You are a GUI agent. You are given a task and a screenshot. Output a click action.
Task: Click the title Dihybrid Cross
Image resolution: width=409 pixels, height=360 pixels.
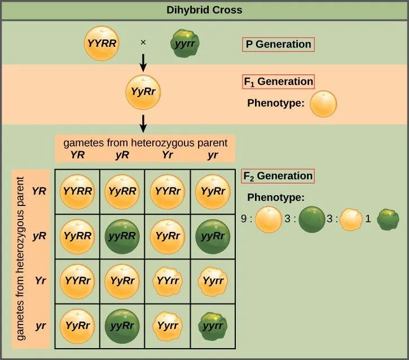pyautogui.click(x=204, y=10)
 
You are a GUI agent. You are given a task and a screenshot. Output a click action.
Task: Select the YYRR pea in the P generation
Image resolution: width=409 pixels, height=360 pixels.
pyautogui.click(x=102, y=43)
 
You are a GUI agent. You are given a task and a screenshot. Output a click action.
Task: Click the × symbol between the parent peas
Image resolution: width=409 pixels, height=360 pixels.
pyautogui.click(x=143, y=43)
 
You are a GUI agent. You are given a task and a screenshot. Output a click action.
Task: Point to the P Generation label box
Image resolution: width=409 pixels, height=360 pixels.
pyautogui.click(x=277, y=44)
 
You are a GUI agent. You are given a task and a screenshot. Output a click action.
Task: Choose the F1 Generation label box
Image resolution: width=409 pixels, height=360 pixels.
pyautogui.click(x=278, y=81)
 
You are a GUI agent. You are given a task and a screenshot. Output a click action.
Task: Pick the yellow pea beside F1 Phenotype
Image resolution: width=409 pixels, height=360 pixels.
pyautogui.click(x=324, y=104)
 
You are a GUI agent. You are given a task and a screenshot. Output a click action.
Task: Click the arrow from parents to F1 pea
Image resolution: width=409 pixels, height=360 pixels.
pyautogui.click(x=144, y=62)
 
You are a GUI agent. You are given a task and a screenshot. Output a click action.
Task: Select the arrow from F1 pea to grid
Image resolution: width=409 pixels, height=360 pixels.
pyautogui.click(x=144, y=121)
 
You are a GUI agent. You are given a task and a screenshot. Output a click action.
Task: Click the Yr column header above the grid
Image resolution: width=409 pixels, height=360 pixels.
pyautogui.click(x=167, y=155)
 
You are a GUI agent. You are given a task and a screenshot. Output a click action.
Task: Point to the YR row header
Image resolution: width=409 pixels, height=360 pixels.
pyautogui.click(x=39, y=191)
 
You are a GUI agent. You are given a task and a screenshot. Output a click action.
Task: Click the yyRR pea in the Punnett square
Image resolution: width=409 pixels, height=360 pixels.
pyautogui.click(x=122, y=235)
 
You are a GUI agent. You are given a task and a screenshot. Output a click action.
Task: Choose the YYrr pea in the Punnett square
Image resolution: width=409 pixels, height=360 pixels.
pyautogui.click(x=168, y=280)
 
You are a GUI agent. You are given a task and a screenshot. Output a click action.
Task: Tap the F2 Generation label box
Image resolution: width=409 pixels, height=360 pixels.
pyautogui.click(x=278, y=175)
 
